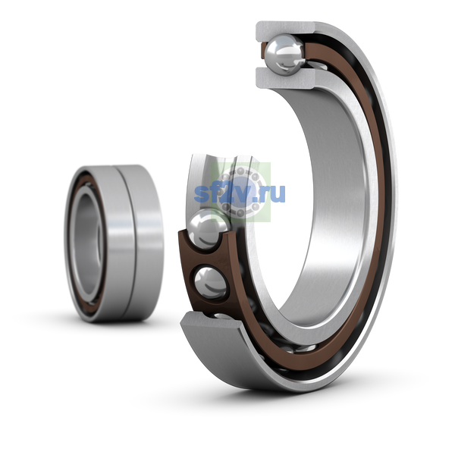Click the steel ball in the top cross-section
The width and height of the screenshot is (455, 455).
point(285,55)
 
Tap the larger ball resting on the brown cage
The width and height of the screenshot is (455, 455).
point(209,229)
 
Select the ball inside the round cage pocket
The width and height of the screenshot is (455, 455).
point(211,283)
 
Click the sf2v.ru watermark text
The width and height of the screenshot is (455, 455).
point(240,193)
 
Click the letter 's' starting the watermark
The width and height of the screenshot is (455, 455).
point(200,194)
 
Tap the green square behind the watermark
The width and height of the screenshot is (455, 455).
point(240,192)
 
